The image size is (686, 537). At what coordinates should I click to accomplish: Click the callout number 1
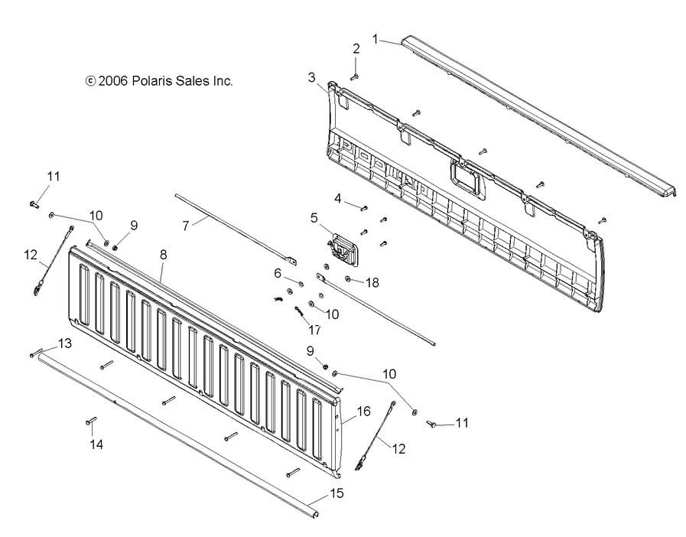(x=376, y=37)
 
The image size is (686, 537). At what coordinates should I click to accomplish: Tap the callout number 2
(x=356, y=48)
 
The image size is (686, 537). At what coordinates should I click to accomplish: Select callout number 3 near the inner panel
(x=312, y=76)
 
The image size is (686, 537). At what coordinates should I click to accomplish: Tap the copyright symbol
(x=90, y=80)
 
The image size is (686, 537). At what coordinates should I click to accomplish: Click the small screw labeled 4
(x=364, y=207)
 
